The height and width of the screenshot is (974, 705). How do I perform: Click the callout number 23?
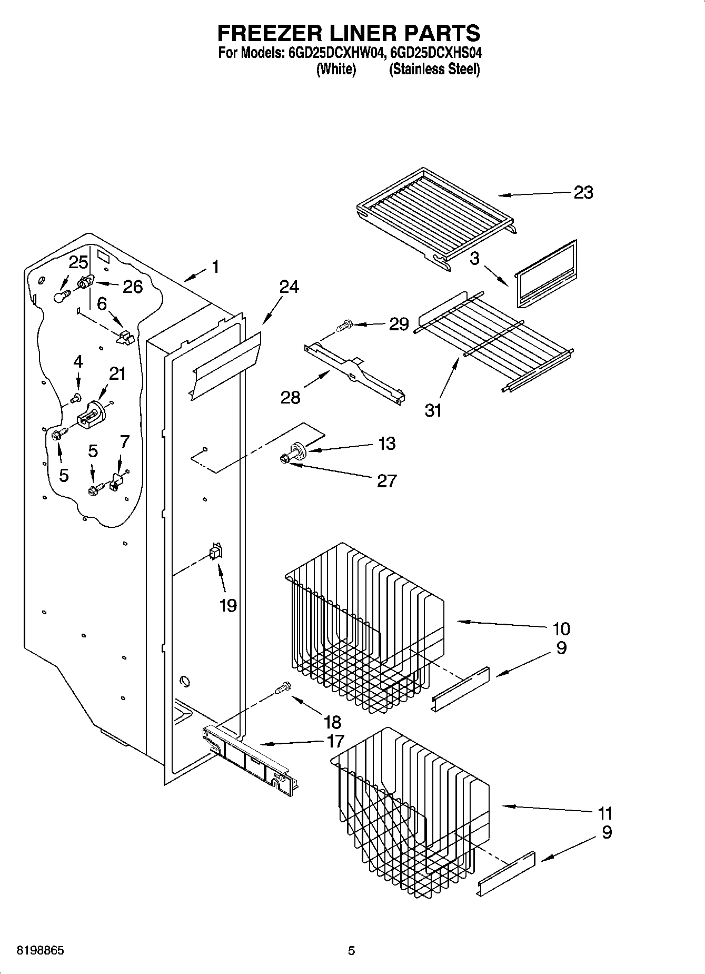(583, 193)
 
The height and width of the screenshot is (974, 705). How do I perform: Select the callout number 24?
(289, 287)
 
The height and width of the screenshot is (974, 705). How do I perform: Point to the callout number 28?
(290, 397)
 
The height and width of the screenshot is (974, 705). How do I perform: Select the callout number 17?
(335, 741)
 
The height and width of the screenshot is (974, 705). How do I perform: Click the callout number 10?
(561, 628)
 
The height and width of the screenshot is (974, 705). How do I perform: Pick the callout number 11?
(605, 813)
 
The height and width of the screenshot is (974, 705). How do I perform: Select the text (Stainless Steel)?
(434, 69)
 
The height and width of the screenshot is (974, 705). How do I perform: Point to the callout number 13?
(386, 444)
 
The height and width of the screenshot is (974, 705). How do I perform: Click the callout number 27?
(386, 480)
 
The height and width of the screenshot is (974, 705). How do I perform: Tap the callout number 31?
(433, 410)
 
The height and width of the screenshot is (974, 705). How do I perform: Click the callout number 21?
(117, 373)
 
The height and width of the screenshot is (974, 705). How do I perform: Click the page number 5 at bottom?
(351, 951)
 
